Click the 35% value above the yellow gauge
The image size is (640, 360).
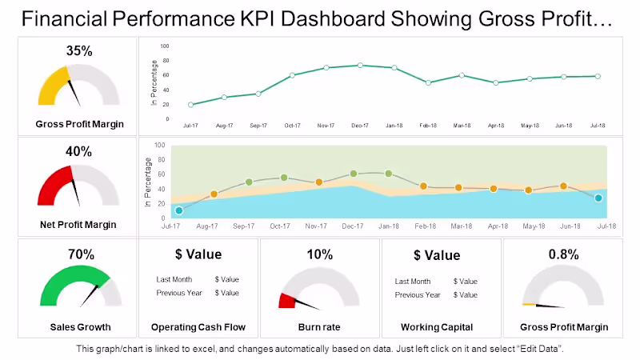pos(79,51)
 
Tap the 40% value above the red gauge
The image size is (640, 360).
pos(79,151)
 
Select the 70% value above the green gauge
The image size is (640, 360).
pos(81,254)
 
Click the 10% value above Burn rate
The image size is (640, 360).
pos(320,254)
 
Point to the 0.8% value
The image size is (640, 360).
pos(563,254)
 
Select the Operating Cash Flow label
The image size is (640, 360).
pos(198,326)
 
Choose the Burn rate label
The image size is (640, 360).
pos(320,326)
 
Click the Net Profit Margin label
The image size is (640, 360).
pos(78,225)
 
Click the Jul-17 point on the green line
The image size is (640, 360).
pos(190,105)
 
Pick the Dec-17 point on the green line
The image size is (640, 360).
pos(360,66)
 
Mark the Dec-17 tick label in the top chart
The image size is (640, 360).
pos(360,126)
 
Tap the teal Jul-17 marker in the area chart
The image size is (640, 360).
pos(179,210)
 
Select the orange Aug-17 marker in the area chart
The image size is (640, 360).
pos(214,194)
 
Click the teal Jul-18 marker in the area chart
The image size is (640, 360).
pos(598,198)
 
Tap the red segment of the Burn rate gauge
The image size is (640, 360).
pos(286,301)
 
